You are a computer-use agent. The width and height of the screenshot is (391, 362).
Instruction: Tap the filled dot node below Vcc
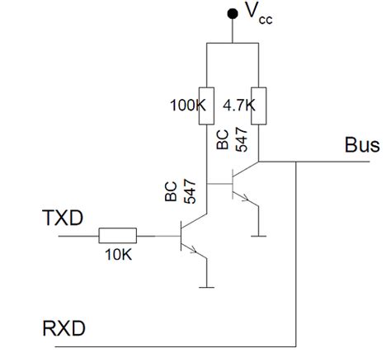point(233,16)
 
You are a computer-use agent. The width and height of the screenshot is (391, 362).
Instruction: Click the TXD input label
point(63,219)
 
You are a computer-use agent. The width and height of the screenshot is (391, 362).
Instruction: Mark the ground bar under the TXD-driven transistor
point(205,286)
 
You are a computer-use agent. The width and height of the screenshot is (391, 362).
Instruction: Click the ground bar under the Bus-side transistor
point(259,235)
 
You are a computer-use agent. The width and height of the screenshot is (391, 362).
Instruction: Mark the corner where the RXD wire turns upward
point(294,344)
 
